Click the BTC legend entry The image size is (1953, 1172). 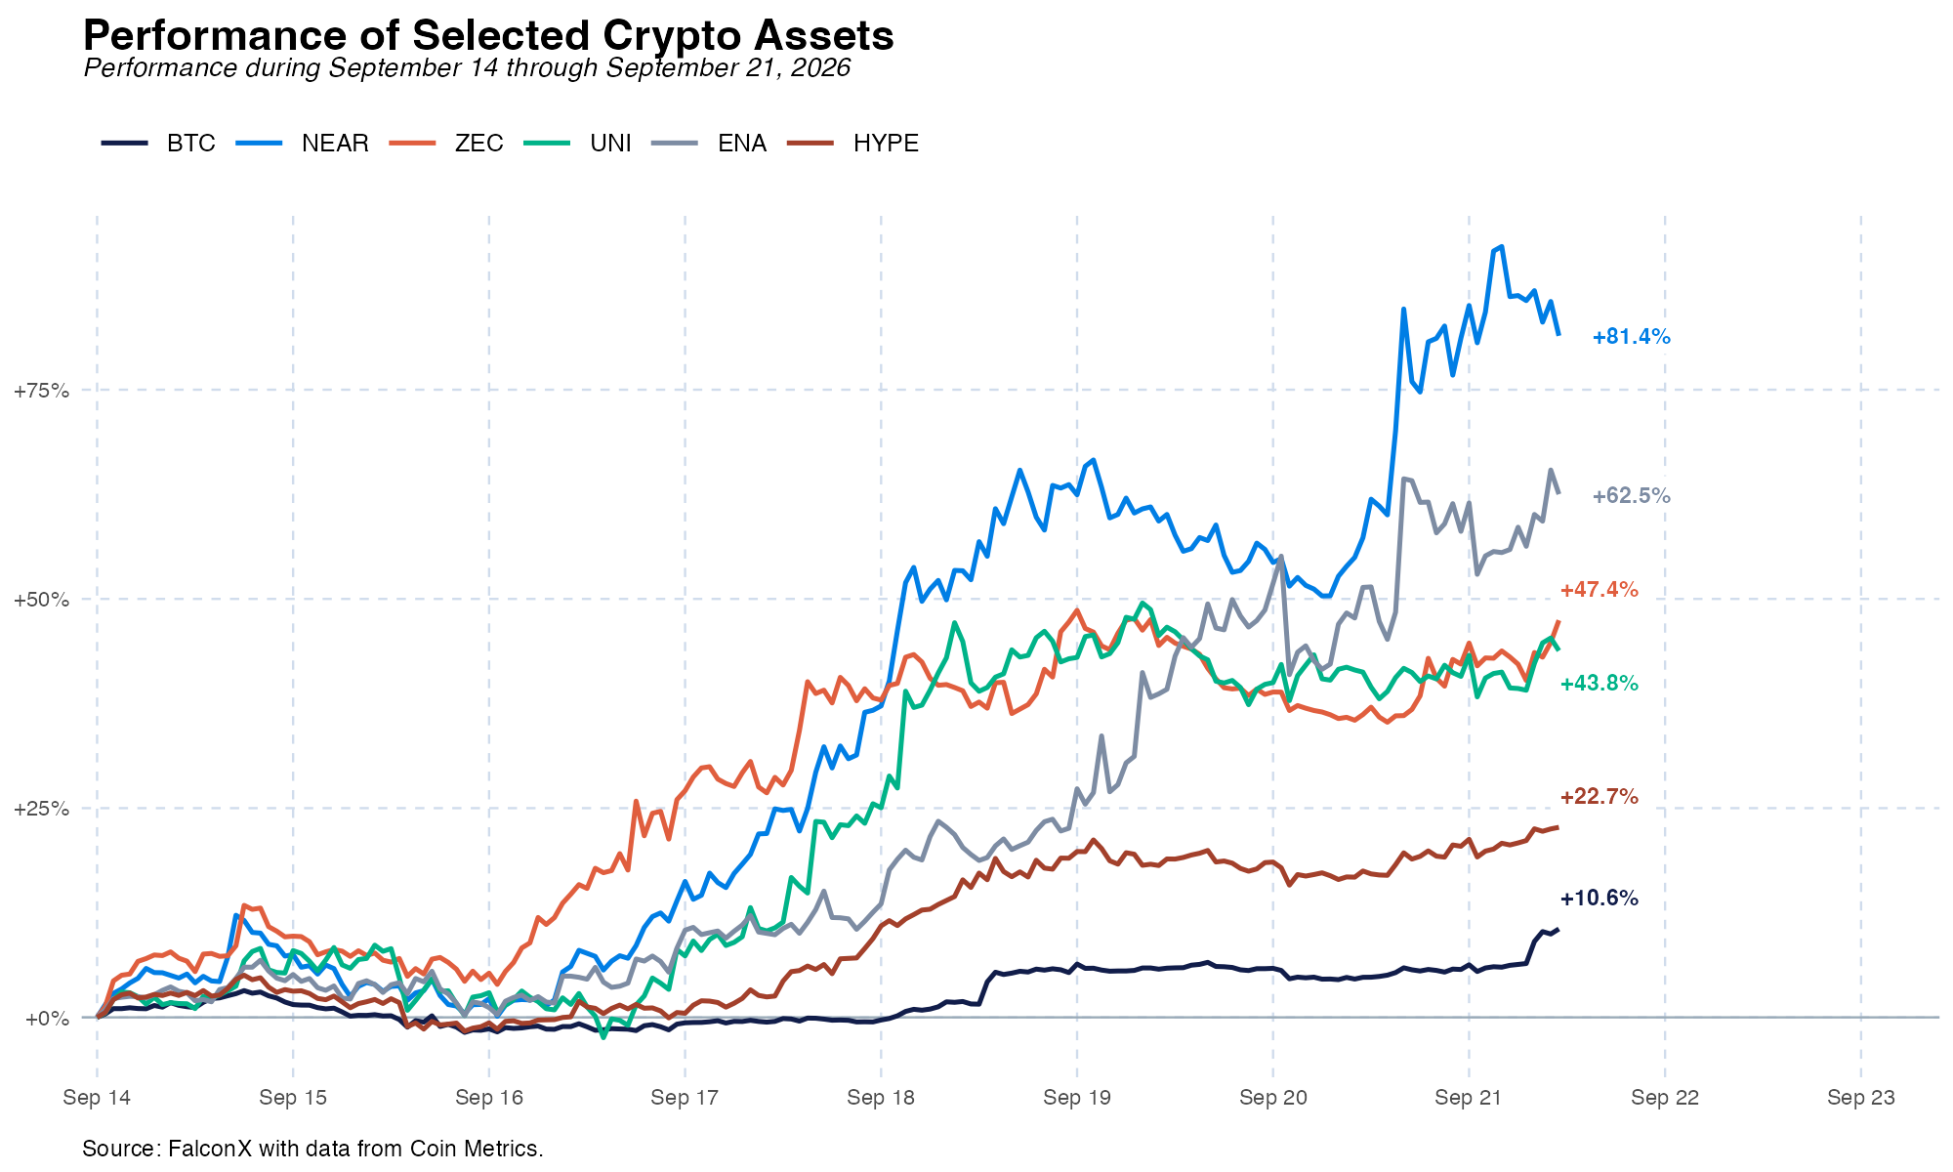(x=158, y=144)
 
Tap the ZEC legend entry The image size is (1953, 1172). (x=446, y=144)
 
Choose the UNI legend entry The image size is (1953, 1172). (x=578, y=144)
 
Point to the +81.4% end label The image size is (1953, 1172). (x=1631, y=337)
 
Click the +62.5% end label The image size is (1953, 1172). (x=1631, y=496)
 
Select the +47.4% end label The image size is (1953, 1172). (x=1599, y=590)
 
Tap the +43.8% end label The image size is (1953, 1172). (x=1599, y=684)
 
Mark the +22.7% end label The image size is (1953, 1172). (x=1599, y=797)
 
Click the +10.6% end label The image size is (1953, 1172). (x=1599, y=899)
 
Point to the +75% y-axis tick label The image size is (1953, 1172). (x=41, y=391)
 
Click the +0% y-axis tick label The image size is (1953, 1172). (x=47, y=1019)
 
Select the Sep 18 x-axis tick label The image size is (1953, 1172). (x=881, y=1098)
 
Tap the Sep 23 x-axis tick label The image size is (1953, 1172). (x=1861, y=1098)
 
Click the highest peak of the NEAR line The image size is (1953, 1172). (x=1501, y=247)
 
